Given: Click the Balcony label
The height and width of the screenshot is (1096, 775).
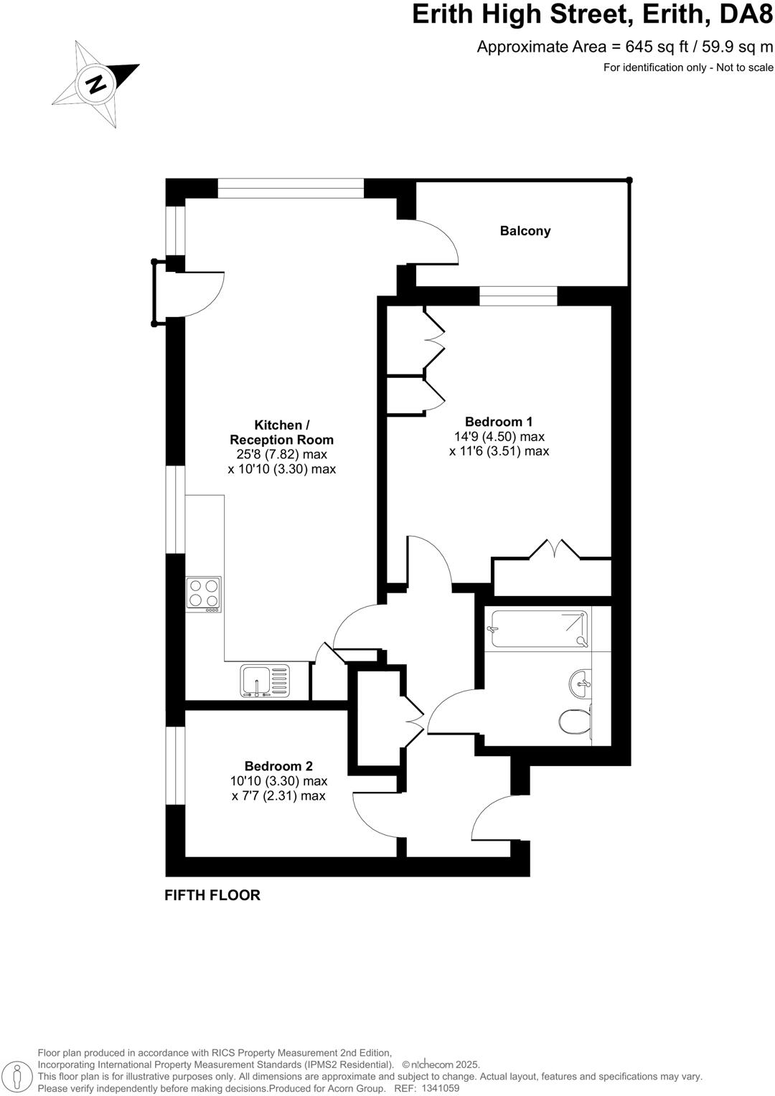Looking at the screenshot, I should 525,231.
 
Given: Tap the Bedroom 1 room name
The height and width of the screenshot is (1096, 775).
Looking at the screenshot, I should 499,422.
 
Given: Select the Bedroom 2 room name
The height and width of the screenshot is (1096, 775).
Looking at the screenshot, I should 278,766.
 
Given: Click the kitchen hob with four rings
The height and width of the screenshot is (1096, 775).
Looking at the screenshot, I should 204,594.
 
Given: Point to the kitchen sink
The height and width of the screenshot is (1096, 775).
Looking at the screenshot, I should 265,681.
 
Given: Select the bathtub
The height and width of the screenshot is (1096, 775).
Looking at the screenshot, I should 537,629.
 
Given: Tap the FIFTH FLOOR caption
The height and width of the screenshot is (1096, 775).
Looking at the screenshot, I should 212,895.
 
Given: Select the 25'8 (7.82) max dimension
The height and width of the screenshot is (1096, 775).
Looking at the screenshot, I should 282,454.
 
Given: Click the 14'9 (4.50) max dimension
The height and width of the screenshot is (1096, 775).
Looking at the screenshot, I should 499,436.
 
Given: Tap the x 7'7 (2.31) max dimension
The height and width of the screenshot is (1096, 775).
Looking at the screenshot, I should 278,795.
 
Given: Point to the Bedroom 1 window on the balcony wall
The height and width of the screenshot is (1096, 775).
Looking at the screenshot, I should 518,296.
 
